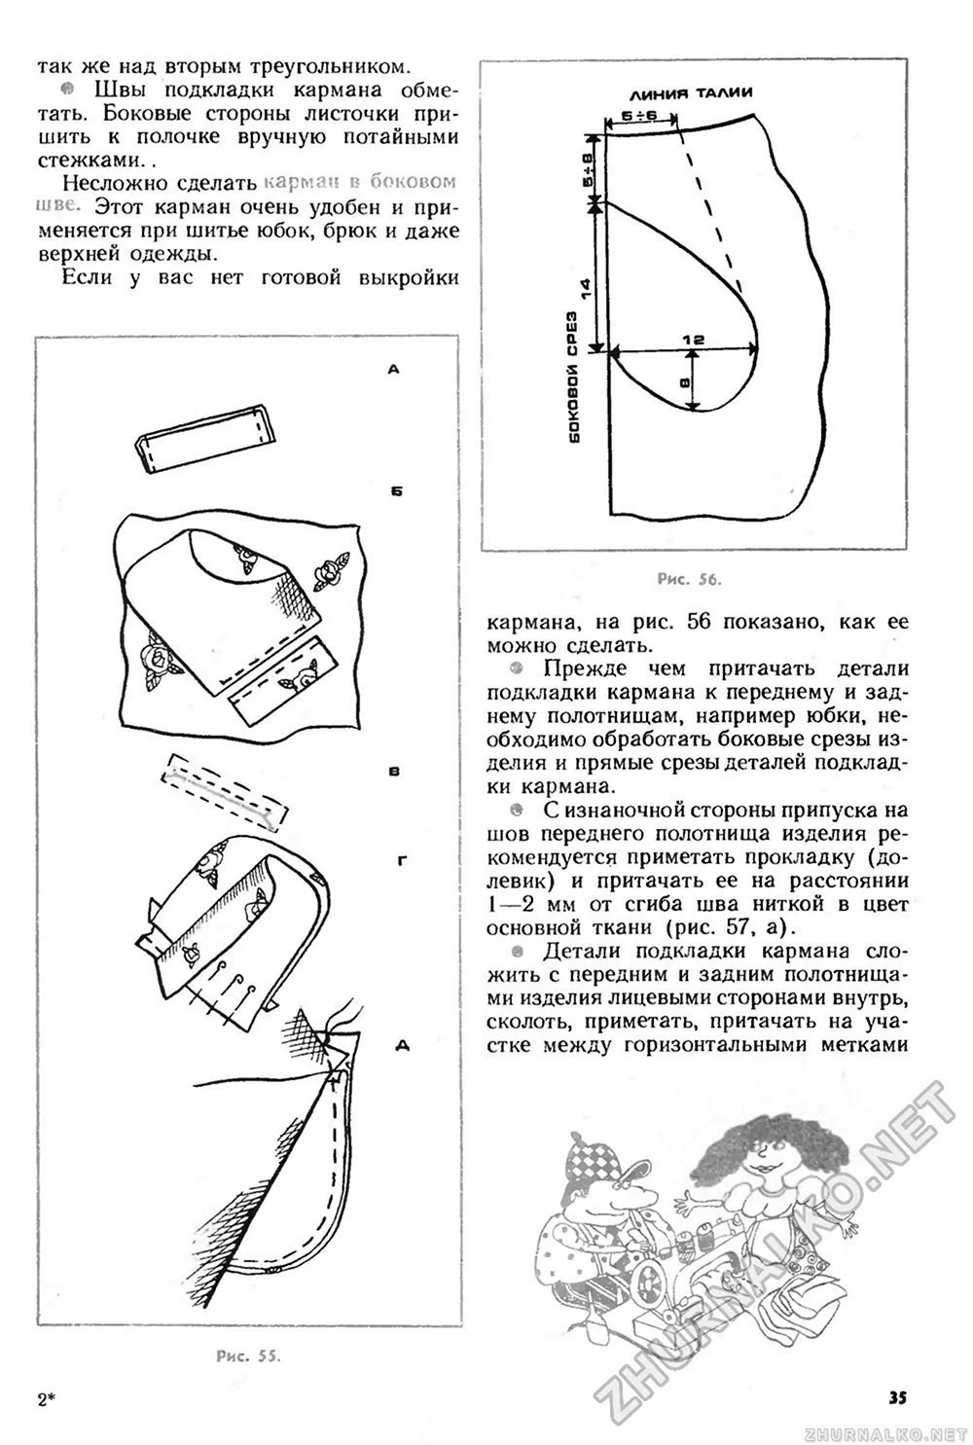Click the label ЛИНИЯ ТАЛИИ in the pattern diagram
pyautogui.click(x=691, y=94)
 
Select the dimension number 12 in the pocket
pyautogui.click(x=692, y=340)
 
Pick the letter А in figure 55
pyautogui.click(x=393, y=369)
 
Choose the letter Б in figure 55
pyautogui.click(x=395, y=491)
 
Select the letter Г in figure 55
pyautogui.click(x=401, y=861)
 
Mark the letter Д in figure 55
pyautogui.click(x=402, y=1046)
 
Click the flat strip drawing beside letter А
pyautogui.click(x=206, y=437)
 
